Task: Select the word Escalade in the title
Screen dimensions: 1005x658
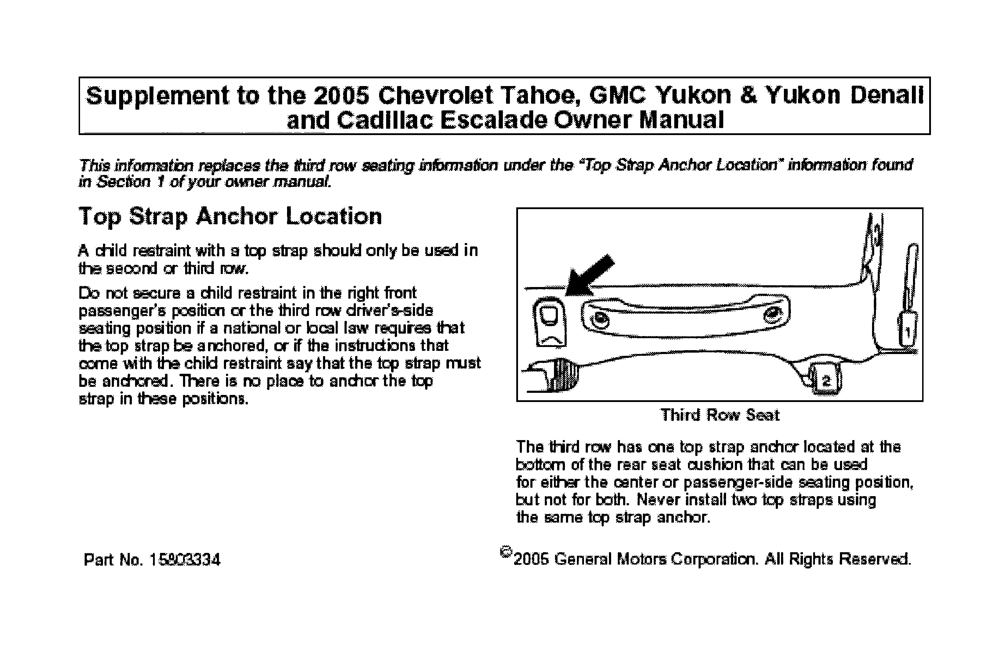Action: [x=494, y=120]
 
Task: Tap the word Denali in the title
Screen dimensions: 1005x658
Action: [x=887, y=96]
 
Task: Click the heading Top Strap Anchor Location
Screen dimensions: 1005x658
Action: [x=230, y=217]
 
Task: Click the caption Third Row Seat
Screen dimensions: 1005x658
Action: [x=720, y=415]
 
